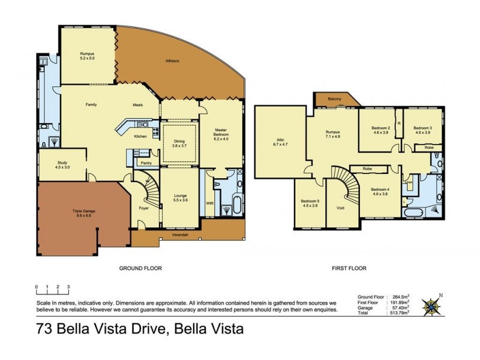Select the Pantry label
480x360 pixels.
click(x=145, y=163)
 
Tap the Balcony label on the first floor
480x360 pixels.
click(x=335, y=100)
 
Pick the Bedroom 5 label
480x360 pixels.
click(x=310, y=202)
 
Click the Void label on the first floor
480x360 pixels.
click(x=340, y=208)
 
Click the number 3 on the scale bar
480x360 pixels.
click(x=68, y=287)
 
